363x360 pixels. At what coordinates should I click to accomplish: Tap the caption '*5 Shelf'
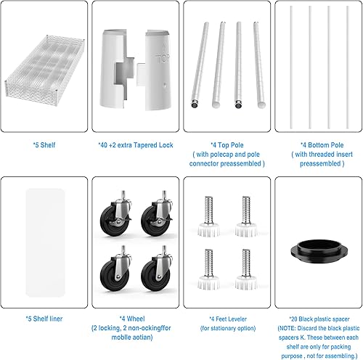point(44,145)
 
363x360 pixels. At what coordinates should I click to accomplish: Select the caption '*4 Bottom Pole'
point(317,145)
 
